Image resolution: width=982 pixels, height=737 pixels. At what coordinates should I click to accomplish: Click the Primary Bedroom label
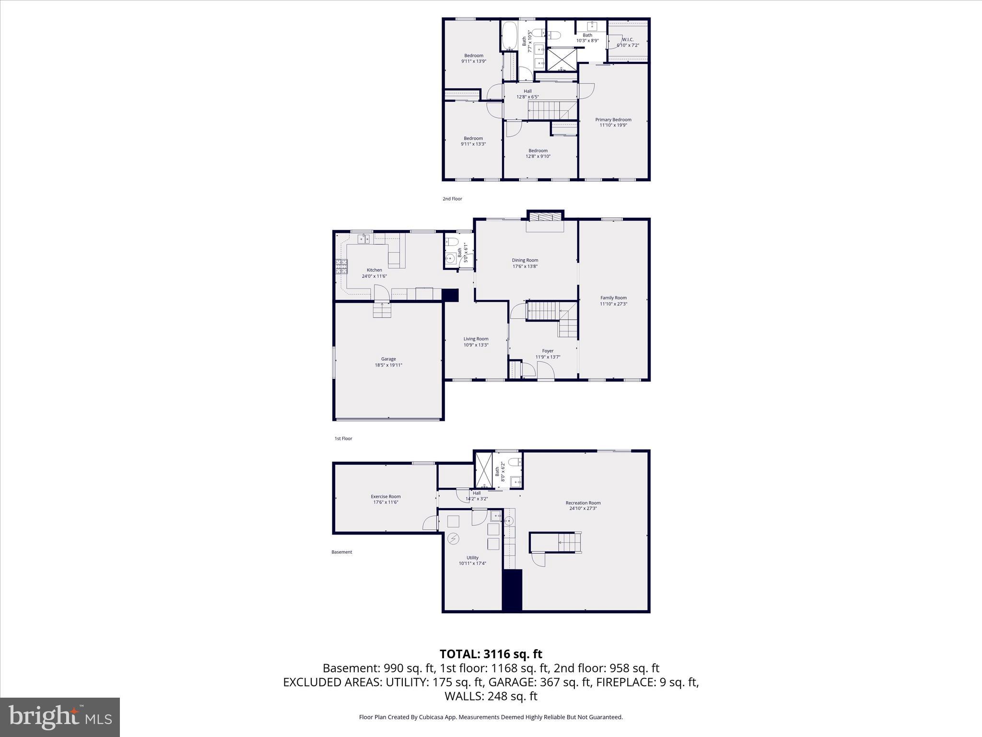613,120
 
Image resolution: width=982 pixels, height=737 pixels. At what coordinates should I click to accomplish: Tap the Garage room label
388,359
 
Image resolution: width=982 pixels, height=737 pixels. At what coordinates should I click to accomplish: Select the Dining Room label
525,260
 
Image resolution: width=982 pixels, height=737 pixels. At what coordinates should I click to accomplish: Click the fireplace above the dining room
545,217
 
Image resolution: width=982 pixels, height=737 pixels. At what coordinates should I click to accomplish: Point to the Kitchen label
374,270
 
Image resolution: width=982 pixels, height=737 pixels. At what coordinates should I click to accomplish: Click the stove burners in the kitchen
341,266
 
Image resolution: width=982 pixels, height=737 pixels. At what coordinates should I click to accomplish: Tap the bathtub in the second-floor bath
509,36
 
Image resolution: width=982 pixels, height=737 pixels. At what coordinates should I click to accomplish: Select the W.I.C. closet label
628,39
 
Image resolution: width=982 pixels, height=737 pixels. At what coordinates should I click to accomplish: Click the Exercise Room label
386,497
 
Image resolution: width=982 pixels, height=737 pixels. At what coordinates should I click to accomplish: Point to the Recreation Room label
583,503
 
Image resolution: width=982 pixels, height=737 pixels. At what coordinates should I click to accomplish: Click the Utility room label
472,558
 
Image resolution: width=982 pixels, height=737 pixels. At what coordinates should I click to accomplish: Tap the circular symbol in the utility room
453,539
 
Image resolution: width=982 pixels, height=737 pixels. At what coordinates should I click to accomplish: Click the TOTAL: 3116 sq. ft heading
491,654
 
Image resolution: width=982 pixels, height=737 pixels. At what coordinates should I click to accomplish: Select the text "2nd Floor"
452,199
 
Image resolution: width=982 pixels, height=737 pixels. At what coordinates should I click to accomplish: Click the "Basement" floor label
341,552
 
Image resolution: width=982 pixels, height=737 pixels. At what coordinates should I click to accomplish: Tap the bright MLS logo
60,717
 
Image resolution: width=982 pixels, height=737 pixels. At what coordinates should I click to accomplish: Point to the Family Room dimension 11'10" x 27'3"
613,304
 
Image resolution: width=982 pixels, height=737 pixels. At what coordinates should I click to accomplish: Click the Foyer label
548,351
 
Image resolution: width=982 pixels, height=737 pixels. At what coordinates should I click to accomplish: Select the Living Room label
476,339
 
